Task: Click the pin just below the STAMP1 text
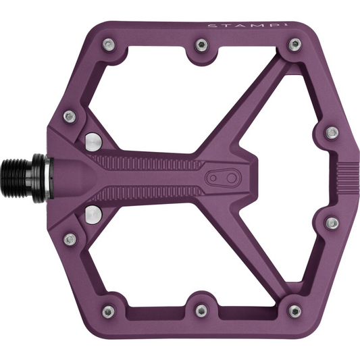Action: pos(294,45)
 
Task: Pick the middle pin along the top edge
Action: pos(201,45)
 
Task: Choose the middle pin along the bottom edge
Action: pos(201,311)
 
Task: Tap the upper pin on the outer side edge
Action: pos(331,132)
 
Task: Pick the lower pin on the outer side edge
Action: pos(331,223)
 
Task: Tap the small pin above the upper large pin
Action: pos(69,116)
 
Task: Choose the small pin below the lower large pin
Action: pos(69,239)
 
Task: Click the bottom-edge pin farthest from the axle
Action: pos(294,311)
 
